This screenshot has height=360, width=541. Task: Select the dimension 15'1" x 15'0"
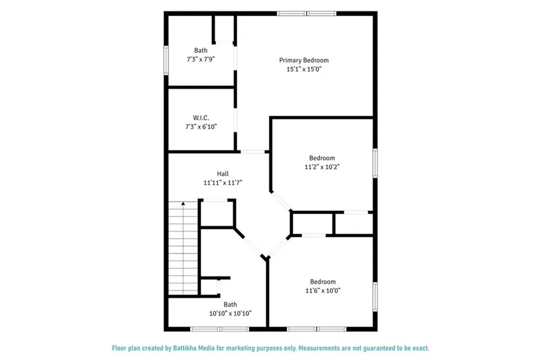tap(301, 69)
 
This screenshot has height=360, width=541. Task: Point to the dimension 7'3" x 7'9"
tap(200, 60)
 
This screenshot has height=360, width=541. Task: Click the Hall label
tap(222, 173)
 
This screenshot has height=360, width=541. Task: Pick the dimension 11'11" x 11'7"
tap(222, 182)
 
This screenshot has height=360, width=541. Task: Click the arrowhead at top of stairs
tap(183, 203)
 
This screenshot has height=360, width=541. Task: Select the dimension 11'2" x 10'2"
tap(322, 167)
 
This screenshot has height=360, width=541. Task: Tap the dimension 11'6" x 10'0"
tap(322, 290)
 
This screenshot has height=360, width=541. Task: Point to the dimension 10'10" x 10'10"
tap(230, 313)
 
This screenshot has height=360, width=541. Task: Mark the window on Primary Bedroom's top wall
tap(307, 14)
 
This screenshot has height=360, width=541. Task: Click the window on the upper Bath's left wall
tap(166, 61)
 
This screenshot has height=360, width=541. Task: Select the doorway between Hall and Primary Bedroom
tap(253, 152)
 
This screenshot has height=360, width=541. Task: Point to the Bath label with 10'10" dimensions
tap(230, 304)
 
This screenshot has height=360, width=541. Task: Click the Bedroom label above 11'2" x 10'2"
tap(322, 158)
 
